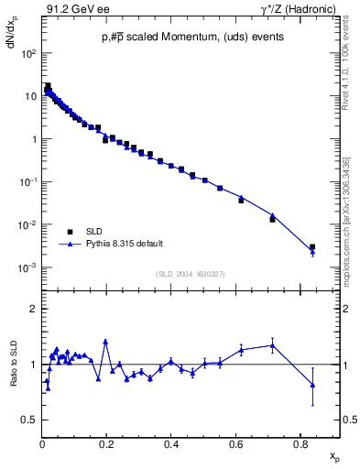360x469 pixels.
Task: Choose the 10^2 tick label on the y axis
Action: [x=28, y=54]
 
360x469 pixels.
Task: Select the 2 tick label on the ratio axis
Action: [x=35, y=309]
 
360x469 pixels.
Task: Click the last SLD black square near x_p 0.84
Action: [x=312, y=247]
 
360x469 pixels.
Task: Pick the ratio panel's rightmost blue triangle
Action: [x=312, y=386]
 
